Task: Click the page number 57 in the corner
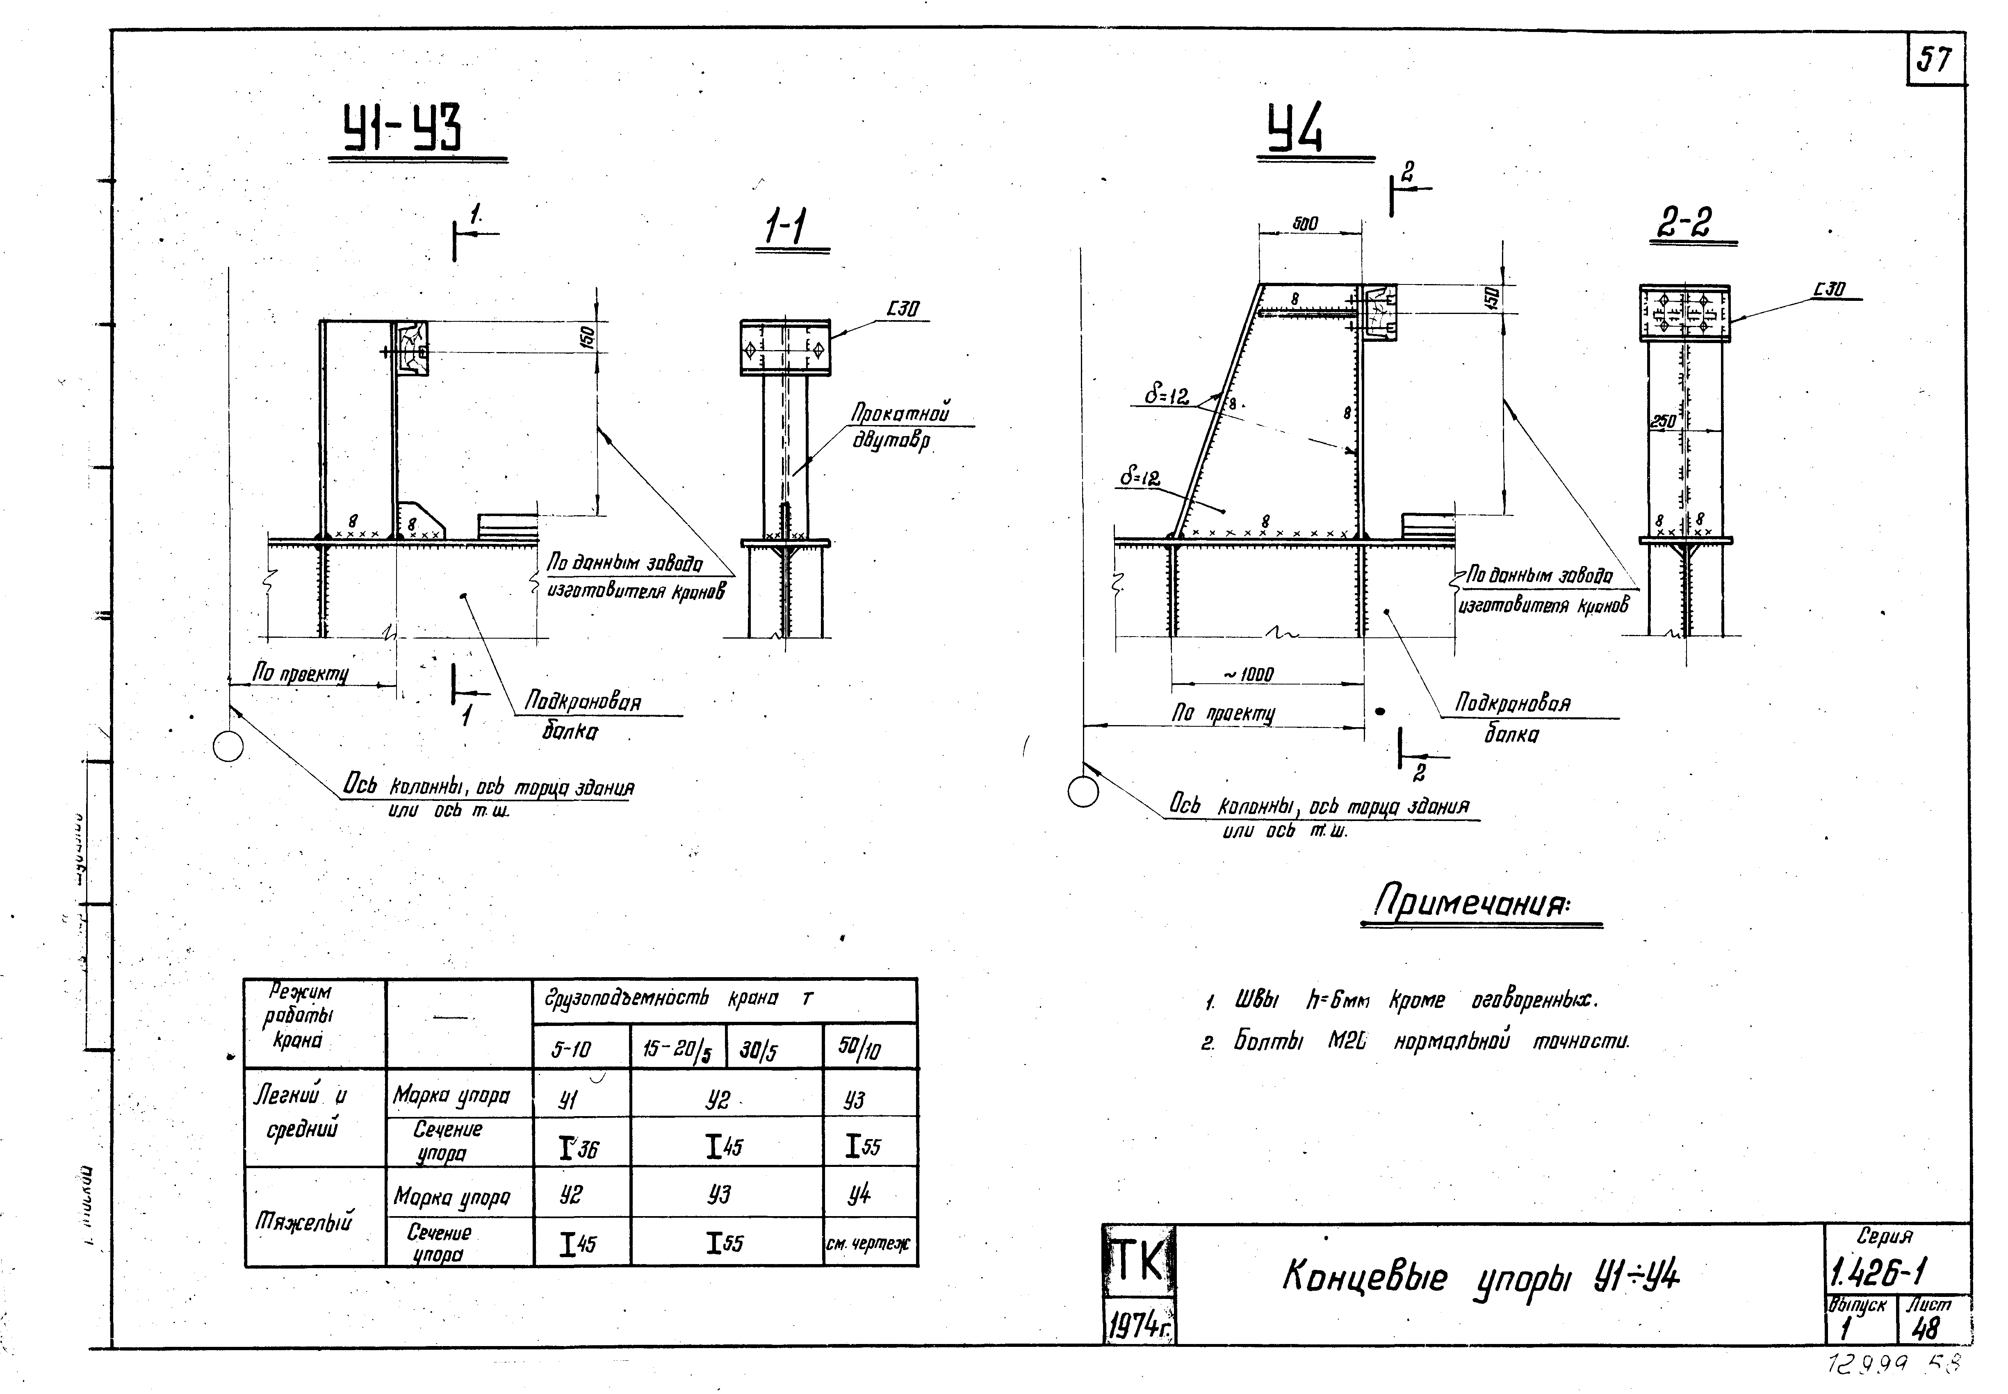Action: [x=1935, y=60]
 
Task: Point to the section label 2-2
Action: [x=1684, y=224]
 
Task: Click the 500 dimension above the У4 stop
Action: [x=1306, y=225]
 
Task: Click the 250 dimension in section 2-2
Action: [x=1663, y=422]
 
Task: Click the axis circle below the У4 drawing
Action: [x=1083, y=791]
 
